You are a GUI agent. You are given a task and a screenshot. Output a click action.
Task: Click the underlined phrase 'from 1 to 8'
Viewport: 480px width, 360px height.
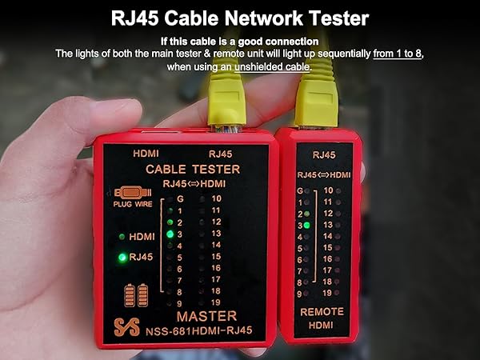tap(398, 54)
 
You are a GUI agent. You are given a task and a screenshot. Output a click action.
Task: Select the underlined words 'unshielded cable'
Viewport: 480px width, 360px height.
tap(270, 66)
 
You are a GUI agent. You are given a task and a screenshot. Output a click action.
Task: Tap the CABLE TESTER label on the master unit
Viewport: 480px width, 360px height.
tap(192, 169)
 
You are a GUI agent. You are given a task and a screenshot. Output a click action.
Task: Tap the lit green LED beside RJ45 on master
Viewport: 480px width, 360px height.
tap(122, 258)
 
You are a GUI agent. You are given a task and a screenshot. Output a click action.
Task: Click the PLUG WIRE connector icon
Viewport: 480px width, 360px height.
tap(132, 194)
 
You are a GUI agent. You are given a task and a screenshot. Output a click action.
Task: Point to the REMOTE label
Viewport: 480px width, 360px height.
tap(322, 311)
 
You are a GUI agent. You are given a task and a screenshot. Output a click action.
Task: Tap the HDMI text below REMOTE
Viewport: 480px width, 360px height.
tap(322, 324)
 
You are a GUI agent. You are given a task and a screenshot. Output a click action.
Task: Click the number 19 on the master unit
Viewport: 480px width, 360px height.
tap(215, 302)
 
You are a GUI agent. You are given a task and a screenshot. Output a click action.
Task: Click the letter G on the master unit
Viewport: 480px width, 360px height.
tap(180, 198)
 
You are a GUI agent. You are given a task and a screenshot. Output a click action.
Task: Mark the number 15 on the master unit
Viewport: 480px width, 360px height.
tap(215, 256)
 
